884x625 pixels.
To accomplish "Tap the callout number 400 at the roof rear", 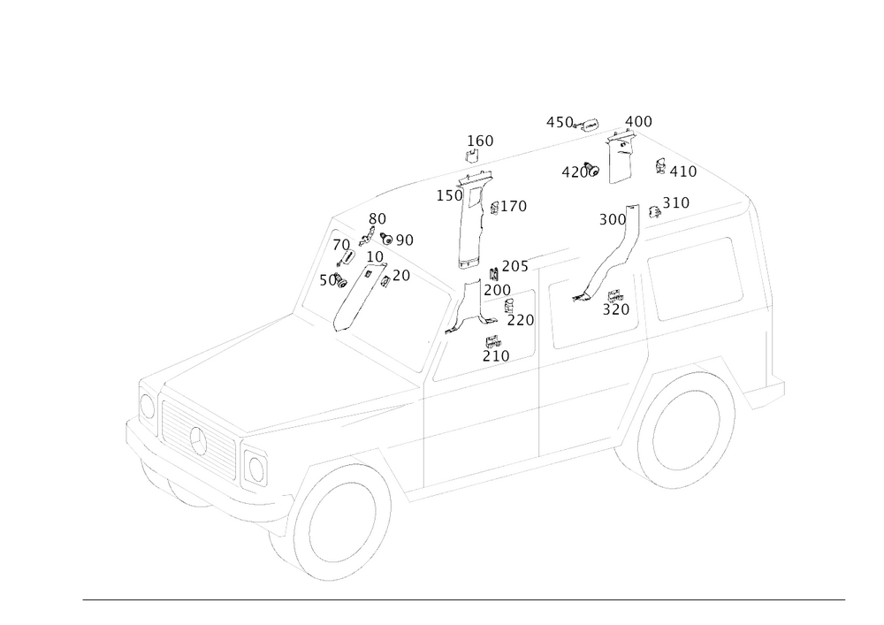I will coord(637,121).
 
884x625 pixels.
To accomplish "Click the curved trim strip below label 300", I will coord(610,261).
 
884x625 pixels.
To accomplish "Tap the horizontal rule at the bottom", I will coord(464,598).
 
